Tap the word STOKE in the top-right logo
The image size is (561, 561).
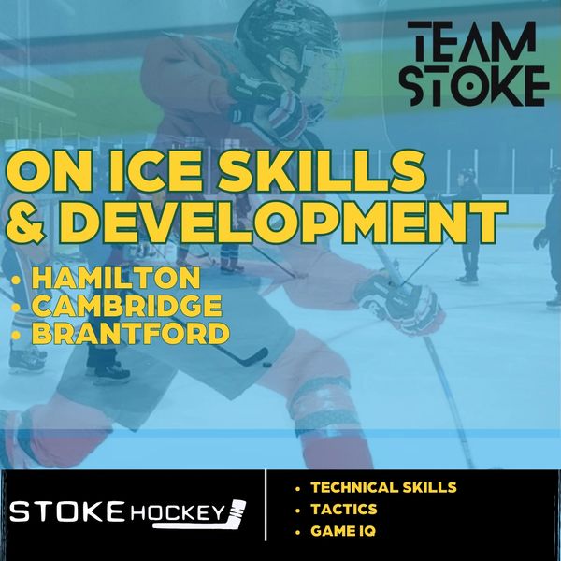[x=474, y=86]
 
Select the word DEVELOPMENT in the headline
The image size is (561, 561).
[x=282, y=222]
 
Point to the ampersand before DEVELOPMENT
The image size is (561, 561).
[x=25, y=222]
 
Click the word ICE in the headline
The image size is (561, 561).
[x=155, y=171]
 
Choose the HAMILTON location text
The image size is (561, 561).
[x=116, y=278]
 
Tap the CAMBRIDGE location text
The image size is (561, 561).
[x=127, y=306]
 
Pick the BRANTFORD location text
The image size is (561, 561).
[x=131, y=333]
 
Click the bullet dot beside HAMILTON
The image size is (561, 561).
[x=16, y=280]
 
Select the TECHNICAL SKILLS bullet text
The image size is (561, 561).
[x=383, y=487]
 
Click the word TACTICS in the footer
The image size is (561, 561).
[x=344, y=510]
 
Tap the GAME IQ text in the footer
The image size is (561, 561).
[x=343, y=531]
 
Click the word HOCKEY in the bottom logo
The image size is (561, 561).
[x=178, y=513]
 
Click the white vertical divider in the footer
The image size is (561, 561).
[x=266, y=505]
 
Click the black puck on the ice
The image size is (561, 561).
[x=266, y=365]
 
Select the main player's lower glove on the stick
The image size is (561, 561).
[x=400, y=304]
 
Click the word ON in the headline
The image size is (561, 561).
[x=54, y=171]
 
